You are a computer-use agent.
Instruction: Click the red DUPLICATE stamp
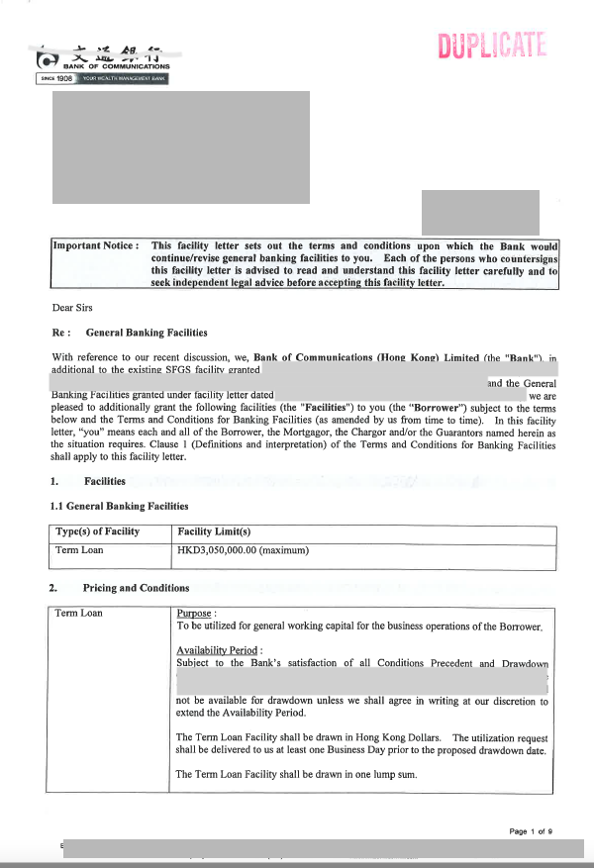point(491,46)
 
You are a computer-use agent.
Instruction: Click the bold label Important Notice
point(95,246)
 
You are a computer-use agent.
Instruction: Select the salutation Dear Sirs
point(71,307)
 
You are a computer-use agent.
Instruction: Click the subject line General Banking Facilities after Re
point(147,333)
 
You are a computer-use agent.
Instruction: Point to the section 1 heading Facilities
point(105,482)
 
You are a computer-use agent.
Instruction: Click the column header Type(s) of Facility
point(97,531)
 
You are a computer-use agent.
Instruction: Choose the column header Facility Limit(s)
point(214,531)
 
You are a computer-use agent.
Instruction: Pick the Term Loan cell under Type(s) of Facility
point(79,550)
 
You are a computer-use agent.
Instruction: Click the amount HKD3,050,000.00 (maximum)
point(243,550)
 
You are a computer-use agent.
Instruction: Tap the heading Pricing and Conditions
point(136,588)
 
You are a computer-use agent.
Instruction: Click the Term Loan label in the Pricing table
point(79,614)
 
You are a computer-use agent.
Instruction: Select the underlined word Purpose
point(195,614)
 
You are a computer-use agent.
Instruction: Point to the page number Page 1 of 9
point(532,831)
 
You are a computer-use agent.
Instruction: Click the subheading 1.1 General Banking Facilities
point(119,507)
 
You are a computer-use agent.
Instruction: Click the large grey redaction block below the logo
point(181,147)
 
